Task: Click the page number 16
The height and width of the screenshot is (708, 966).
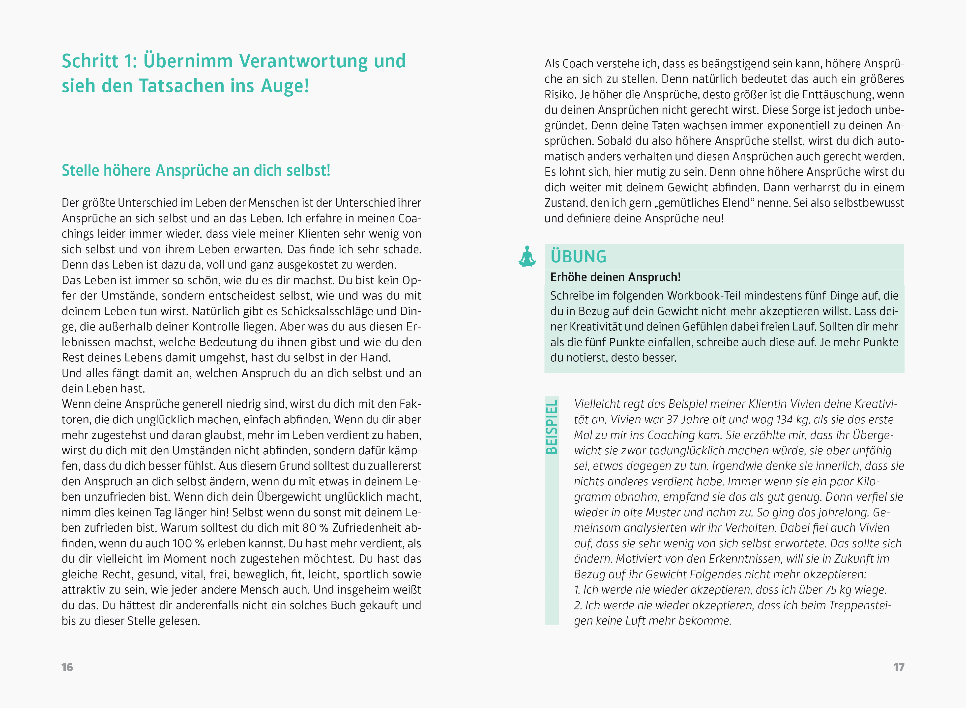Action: (67, 667)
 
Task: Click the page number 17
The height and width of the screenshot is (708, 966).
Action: (899, 667)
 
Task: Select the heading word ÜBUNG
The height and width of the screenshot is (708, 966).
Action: (578, 257)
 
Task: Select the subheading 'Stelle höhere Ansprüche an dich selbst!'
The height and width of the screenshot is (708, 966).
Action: (196, 171)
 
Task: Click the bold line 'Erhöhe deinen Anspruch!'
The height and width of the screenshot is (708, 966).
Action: (615, 277)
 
